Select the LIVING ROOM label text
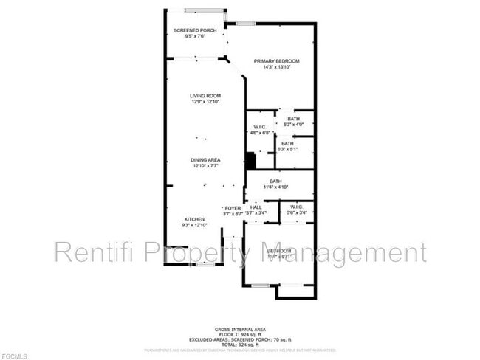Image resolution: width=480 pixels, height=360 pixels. pyautogui.click(x=205, y=96)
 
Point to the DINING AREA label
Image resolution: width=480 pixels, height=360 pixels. pyautogui.click(x=205, y=160)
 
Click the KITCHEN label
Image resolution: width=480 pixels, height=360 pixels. pyautogui.click(x=194, y=219)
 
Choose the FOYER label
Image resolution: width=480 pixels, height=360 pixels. pyautogui.click(x=233, y=208)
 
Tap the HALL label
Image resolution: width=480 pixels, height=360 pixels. pyautogui.click(x=256, y=208)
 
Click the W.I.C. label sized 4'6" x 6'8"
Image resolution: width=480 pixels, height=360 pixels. pyautogui.click(x=259, y=127)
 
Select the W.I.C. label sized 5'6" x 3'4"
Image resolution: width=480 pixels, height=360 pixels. pyautogui.click(x=298, y=207)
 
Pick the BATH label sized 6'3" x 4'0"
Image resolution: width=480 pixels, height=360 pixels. pyautogui.click(x=293, y=119)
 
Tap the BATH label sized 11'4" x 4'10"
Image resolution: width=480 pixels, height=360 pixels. pyautogui.click(x=275, y=181)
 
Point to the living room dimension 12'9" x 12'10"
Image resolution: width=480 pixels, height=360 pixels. pyautogui.click(x=206, y=102)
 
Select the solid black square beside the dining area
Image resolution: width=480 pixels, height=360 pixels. pyautogui.click(x=250, y=161)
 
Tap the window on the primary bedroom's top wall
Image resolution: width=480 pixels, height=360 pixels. pyautogui.click(x=246, y=24)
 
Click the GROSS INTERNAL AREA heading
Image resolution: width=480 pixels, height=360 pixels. pyautogui.click(x=240, y=329)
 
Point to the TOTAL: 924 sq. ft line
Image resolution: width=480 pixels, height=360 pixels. pyautogui.click(x=240, y=345)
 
